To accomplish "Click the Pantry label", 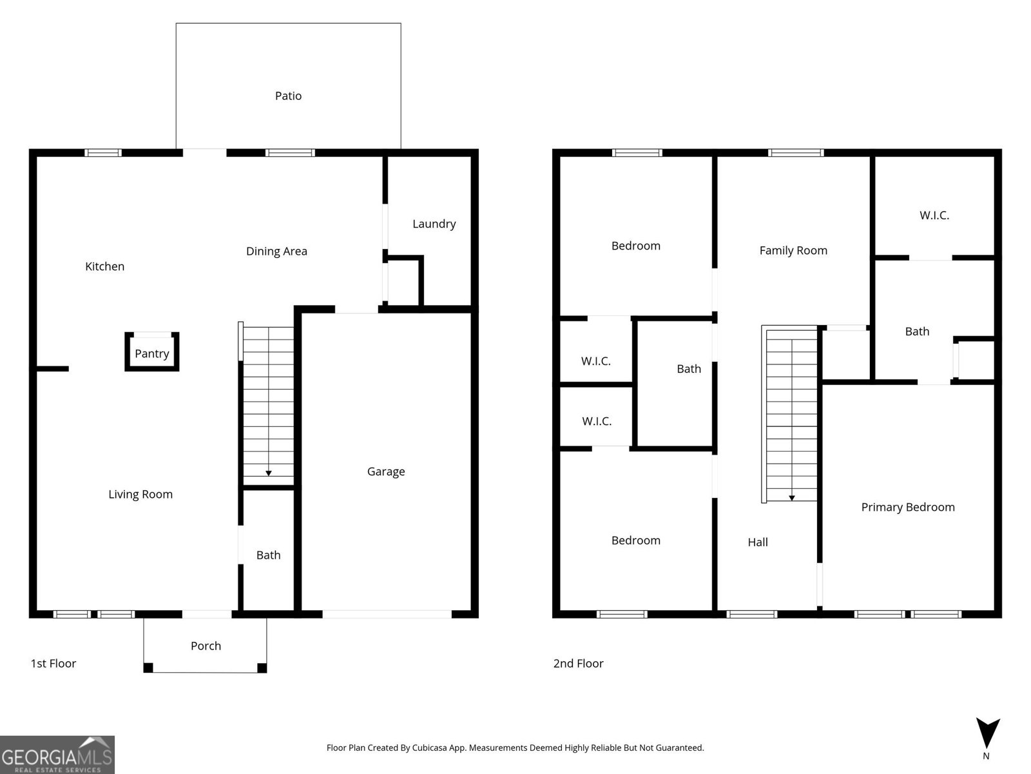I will tap(152, 353).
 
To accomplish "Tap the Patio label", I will tap(288, 96).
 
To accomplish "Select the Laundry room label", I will tap(434, 224).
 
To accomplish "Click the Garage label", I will tap(386, 471).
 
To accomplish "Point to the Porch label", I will tap(206, 646).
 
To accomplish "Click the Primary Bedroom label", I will tap(908, 507).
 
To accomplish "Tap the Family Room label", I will tap(793, 250).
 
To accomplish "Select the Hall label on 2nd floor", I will tap(758, 542).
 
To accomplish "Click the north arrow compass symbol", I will tap(987, 734).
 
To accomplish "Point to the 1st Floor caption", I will tap(53, 664).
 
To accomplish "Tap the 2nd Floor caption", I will tap(578, 664).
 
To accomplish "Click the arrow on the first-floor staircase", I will tap(269, 473).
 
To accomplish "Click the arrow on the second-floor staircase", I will tap(792, 497).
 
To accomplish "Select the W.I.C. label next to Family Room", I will tap(934, 215).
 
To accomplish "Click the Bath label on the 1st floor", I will tap(268, 555).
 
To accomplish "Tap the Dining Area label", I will tap(276, 252).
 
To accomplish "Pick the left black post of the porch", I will tap(148, 668).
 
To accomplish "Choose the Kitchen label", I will tap(104, 266).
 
